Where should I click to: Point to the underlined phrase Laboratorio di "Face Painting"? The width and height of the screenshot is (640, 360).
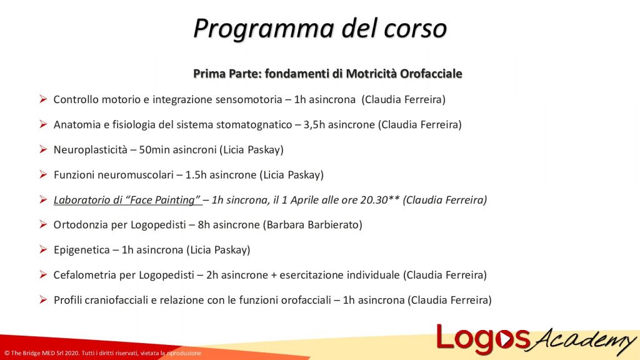(127, 200)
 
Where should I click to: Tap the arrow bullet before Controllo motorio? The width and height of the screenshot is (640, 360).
(42, 99)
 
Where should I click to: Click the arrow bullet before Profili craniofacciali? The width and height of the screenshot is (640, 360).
(42, 299)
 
